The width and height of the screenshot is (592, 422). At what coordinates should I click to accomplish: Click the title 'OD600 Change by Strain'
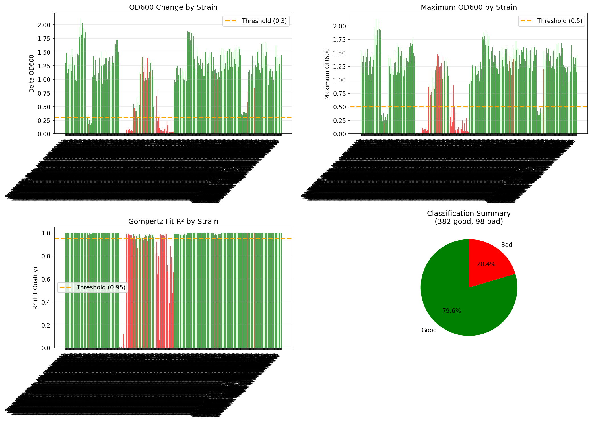pos(173,7)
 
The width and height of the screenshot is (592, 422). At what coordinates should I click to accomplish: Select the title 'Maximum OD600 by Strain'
pos(469,7)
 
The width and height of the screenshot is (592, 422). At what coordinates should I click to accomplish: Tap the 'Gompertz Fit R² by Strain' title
pos(173,222)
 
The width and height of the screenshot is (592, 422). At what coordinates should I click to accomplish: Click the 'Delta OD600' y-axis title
pos(32,74)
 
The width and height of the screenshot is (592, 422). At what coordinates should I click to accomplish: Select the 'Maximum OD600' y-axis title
pos(327,74)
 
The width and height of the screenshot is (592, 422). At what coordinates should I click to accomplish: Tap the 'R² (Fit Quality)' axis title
pos(35,288)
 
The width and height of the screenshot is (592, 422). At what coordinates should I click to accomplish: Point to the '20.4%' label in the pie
pos(486,264)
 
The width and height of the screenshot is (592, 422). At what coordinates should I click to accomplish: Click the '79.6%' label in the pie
pos(451,311)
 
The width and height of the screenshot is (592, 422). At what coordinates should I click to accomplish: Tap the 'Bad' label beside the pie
pos(506,245)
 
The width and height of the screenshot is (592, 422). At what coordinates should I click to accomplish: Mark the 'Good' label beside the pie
pos(429,330)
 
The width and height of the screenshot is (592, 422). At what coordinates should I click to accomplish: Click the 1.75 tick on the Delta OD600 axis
pos(44,39)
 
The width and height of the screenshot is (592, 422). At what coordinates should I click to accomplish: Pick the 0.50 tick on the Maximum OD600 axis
pos(339,107)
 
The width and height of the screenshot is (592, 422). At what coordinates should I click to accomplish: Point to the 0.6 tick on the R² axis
pos(46,279)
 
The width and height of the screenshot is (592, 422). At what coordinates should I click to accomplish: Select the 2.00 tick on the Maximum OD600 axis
pos(339,26)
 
